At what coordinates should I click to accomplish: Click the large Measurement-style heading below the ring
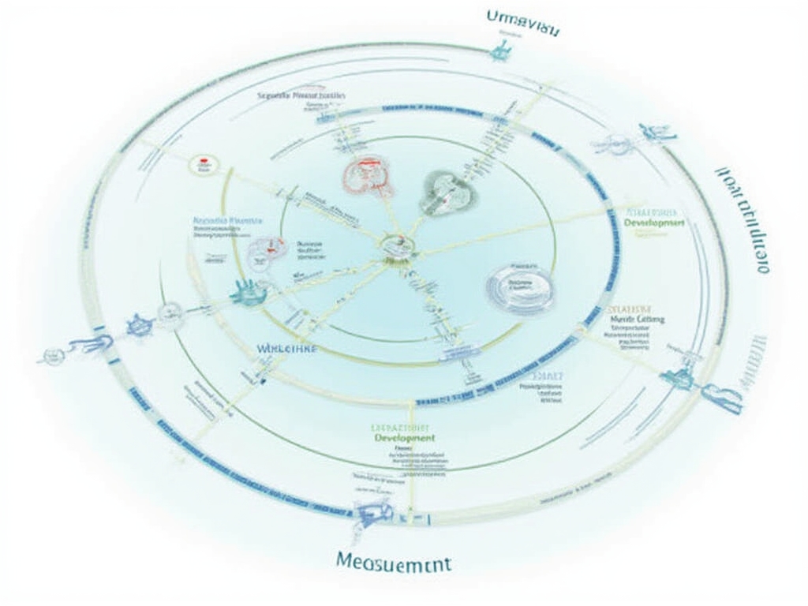click(393, 563)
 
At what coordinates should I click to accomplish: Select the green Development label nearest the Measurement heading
click(404, 437)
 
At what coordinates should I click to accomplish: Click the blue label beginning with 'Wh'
click(286, 347)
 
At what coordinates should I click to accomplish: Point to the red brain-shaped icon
click(367, 176)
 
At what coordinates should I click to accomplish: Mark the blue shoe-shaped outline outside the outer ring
click(722, 397)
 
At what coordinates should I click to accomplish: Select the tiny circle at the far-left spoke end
click(52, 357)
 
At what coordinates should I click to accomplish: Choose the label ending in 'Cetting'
click(638, 319)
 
